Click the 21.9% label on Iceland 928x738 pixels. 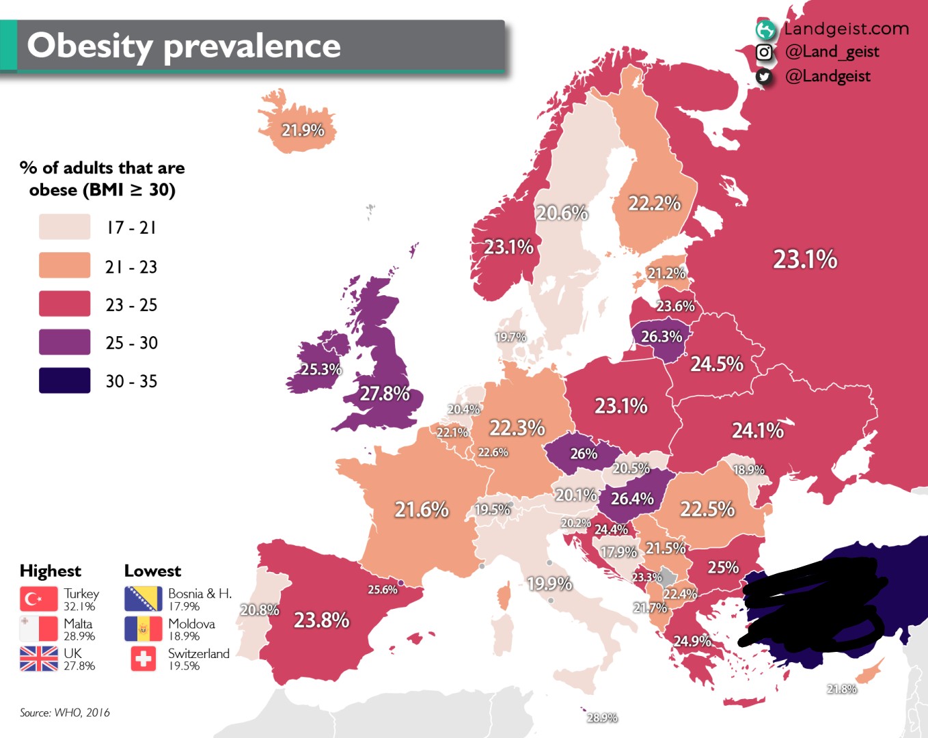(x=303, y=131)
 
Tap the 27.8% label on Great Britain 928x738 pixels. (x=385, y=394)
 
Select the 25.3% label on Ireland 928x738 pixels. (x=321, y=369)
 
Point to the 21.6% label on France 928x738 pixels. (x=422, y=509)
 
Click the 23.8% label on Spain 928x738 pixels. (x=322, y=620)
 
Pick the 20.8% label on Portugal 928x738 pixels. (x=260, y=610)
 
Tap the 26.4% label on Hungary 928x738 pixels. (x=632, y=499)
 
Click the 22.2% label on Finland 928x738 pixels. (x=655, y=203)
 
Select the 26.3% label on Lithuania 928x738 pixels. (x=661, y=336)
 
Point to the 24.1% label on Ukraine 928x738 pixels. (x=758, y=430)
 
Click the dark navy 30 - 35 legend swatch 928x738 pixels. (x=65, y=381)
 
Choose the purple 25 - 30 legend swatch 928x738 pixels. (x=65, y=342)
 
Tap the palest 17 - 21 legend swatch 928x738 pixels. (x=65, y=226)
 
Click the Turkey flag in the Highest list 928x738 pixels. (x=39, y=599)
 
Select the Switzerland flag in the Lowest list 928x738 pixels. (x=144, y=659)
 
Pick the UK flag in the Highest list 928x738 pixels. (x=39, y=659)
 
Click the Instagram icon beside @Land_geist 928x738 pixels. (x=764, y=52)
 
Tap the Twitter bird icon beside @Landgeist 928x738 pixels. (x=764, y=77)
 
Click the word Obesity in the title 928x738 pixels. (x=90, y=46)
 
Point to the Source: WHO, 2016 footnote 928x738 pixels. (x=65, y=713)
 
